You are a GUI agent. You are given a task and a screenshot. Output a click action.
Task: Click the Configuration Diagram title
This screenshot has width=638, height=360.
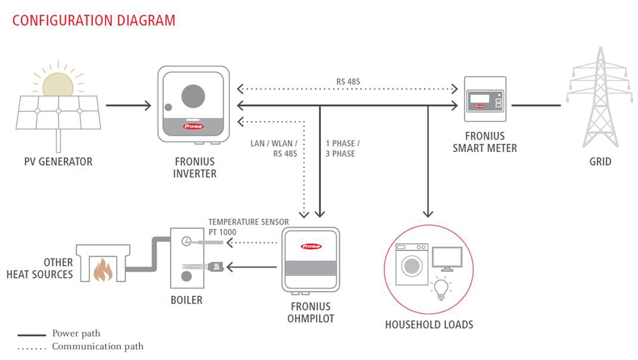(94, 20)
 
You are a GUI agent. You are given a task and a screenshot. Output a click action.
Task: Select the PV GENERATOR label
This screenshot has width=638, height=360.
(58, 162)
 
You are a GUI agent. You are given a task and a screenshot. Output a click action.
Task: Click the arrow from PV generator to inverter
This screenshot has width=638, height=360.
(129, 106)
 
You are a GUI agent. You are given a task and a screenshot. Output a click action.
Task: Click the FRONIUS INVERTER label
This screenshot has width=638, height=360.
(194, 167)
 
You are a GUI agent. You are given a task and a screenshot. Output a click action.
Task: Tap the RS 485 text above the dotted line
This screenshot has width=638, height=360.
(348, 82)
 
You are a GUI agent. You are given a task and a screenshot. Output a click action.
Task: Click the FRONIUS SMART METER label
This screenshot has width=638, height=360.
(484, 142)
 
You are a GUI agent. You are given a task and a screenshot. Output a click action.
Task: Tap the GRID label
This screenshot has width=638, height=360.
(600, 162)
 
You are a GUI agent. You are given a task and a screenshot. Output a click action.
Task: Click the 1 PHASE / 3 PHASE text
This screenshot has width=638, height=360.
(343, 148)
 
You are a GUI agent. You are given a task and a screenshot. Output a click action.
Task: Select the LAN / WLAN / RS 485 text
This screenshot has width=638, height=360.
(274, 148)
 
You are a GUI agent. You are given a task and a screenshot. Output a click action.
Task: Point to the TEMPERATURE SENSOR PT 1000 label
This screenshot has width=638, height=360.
(248, 226)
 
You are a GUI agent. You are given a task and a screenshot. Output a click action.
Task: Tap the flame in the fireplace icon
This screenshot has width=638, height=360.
(103, 269)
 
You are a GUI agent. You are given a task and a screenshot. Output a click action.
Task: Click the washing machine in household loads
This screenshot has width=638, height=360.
(411, 266)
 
